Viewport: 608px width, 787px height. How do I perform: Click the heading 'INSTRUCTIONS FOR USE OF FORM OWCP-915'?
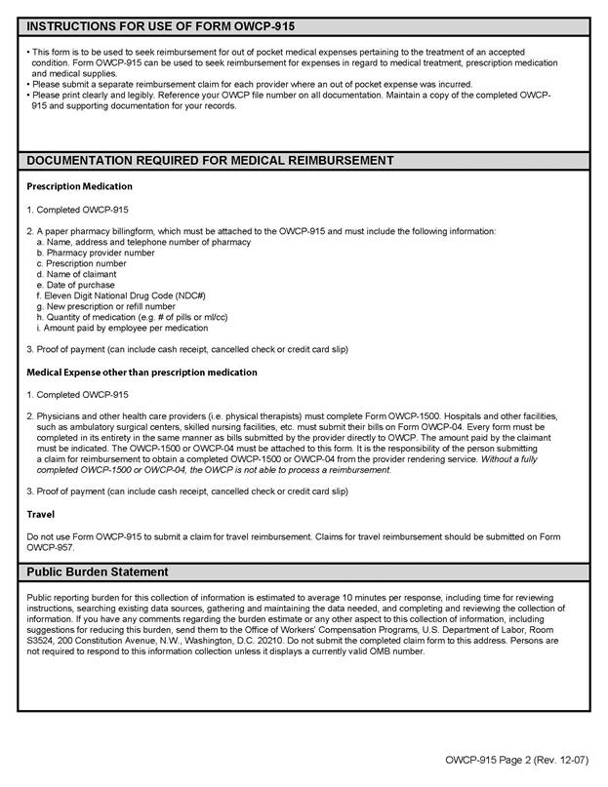pyautogui.click(x=147, y=26)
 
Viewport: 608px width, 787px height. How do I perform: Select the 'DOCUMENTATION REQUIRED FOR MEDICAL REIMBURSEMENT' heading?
pyautogui.click(x=210, y=160)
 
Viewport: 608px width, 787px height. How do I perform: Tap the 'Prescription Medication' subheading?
pyautogui.click(x=79, y=185)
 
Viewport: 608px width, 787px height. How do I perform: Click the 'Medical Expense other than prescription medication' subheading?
pyautogui.click(x=142, y=372)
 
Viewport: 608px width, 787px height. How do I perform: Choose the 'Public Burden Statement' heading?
pyautogui.click(x=97, y=571)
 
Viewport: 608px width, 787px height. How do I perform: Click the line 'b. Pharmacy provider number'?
pyautogui.click(x=95, y=252)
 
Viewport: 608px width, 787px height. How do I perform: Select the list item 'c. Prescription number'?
pyautogui.click(x=81, y=263)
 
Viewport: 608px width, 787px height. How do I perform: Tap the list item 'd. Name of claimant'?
pyautogui.click(x=76, y=274)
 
